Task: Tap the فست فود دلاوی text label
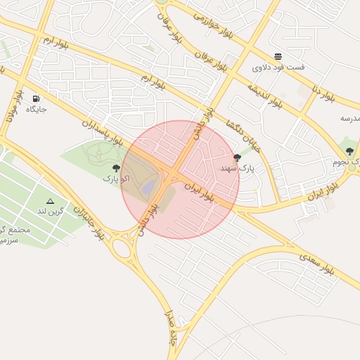click(x=278, y=68)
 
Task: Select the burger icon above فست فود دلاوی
click(x=278, y=56)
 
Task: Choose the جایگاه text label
click(x=36, y=109)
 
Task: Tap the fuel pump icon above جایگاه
click(x=36, y=98)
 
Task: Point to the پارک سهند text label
click(x=236, y=169)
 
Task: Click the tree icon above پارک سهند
click(x=236, y=157)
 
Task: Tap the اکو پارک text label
click(x=116, y=179)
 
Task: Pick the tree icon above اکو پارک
click(x=116, y=168)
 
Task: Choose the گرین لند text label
click(x=51, y=211)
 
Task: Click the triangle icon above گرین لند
click(x=50, y=201)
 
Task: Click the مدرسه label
click(x=349, y=118)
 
